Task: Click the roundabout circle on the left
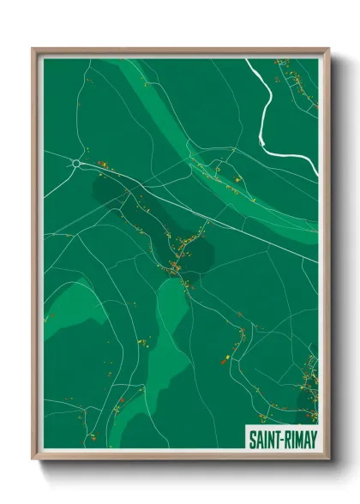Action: click(76, 163)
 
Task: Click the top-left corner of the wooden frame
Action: click(33, 49)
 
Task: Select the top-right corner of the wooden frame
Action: click(327, 49)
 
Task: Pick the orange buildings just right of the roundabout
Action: click(103, 164)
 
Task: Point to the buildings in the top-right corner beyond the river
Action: click(300, 86)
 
